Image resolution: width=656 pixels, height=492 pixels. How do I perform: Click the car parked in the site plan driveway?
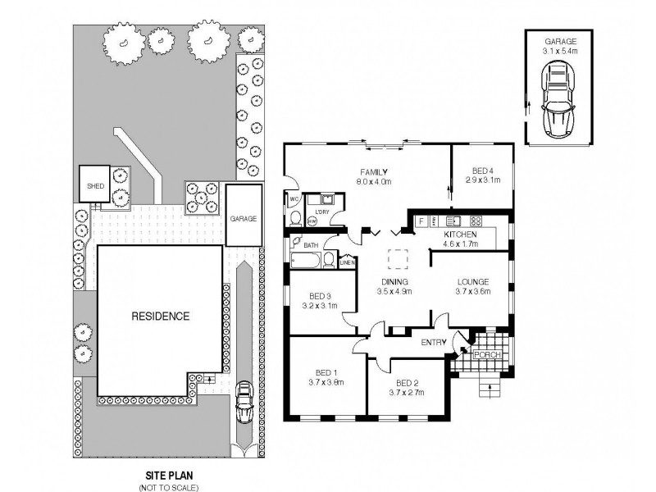pos(244,402)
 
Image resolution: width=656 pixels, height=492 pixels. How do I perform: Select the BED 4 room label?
pos(481,176)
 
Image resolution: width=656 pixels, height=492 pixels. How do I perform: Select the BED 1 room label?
pos(326,376)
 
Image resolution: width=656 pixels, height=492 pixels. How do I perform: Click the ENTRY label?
pos(433,342)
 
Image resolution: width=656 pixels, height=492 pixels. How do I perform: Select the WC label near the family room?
pos(293,199)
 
